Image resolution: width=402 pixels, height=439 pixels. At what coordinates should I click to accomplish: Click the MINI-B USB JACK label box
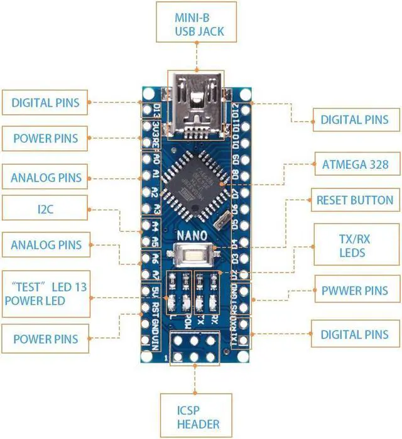197,23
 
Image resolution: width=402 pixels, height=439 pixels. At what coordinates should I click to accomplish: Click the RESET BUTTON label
355,201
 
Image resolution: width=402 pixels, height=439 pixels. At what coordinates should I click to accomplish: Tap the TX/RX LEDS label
353,246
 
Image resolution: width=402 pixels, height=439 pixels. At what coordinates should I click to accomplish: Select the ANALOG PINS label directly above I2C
46,178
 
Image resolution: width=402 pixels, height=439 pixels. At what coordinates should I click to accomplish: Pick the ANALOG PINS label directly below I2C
46,244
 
